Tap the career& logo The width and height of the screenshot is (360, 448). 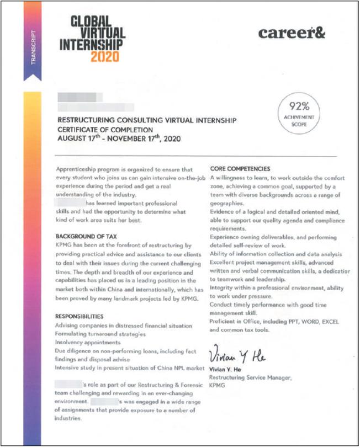292,33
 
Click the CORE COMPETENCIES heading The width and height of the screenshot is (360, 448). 240,169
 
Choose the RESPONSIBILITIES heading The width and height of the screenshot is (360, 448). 80,317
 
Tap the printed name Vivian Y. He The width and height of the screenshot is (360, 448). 226,369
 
